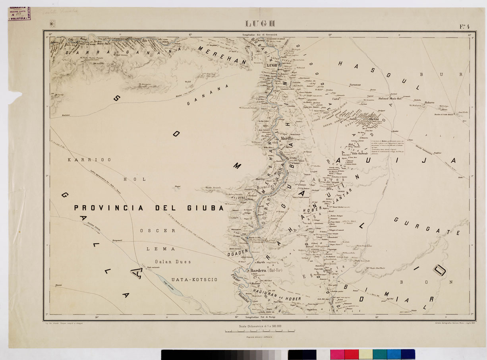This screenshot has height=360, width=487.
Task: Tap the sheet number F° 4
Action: (465, 27)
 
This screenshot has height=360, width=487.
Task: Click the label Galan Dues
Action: (172, 262)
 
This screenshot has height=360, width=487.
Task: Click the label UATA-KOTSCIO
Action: (194, 280)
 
